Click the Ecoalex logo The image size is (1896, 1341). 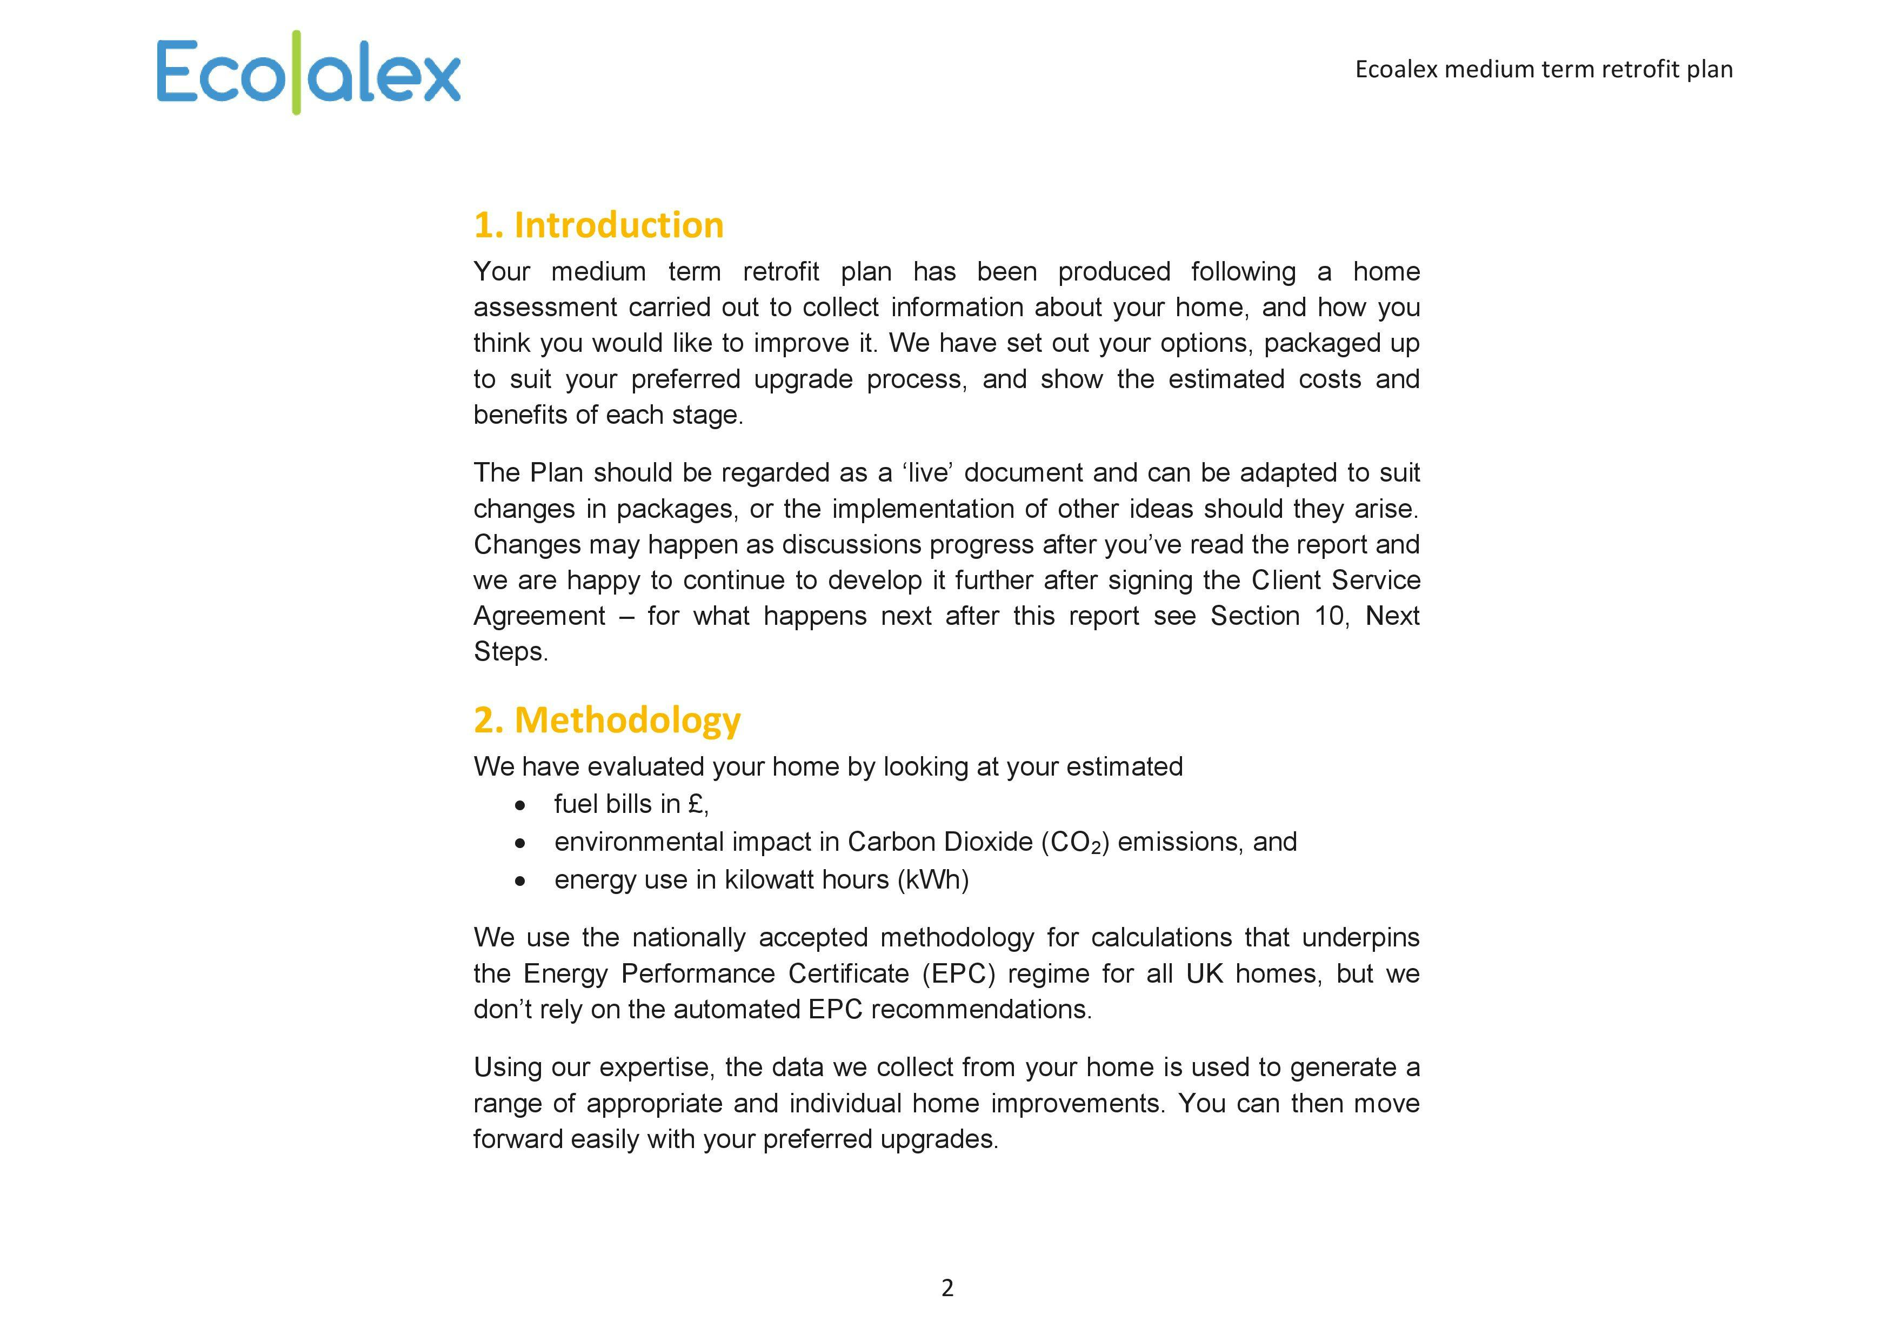pos(308,72)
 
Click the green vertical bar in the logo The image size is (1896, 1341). pos(297,72)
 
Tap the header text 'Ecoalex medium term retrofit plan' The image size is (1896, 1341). pos(1544,69)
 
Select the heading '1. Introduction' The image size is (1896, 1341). pos(599,225)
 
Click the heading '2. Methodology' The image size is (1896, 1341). pos(607,720)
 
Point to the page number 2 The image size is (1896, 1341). pos(947,1287)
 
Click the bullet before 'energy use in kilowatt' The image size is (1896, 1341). pos(519,881)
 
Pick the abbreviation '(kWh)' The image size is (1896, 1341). pos(932,879)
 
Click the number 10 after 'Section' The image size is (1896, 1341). pos(1328,616)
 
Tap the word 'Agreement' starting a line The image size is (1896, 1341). pos(539,616)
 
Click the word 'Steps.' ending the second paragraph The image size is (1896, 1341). pos(510,651)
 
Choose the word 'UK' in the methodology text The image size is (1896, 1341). pos(1204,973)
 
